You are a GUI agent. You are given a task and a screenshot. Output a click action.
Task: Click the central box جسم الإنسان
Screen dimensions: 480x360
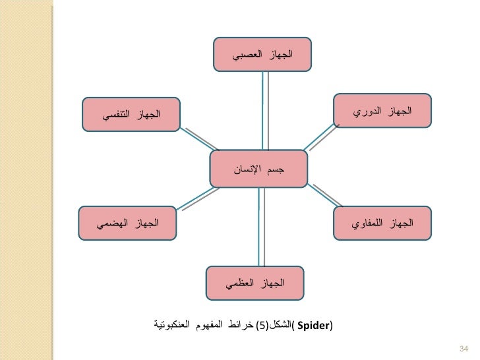click(x=258, y=169)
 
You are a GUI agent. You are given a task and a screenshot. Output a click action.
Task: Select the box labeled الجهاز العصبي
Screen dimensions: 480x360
click(x=262, y=54)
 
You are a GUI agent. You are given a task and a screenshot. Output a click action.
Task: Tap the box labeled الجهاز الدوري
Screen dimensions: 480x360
click(x=382, y=110)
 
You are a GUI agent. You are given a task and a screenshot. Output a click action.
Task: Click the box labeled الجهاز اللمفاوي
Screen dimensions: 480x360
click(x=382, y=224)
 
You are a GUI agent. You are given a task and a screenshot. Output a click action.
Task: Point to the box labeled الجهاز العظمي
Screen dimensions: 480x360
click(x=255, y=284)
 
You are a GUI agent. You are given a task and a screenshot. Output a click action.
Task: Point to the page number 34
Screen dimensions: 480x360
click(x=462, y=348)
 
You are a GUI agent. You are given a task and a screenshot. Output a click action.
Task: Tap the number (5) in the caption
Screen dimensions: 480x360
click(x=262, y=326)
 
